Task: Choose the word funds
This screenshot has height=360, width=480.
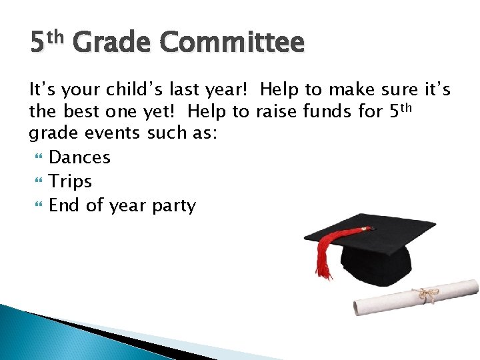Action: coord(331,111)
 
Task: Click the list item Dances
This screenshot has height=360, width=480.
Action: coord(79,157)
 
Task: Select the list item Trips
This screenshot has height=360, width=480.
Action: coord(70,181)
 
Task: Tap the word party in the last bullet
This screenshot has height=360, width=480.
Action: coord(174,206)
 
